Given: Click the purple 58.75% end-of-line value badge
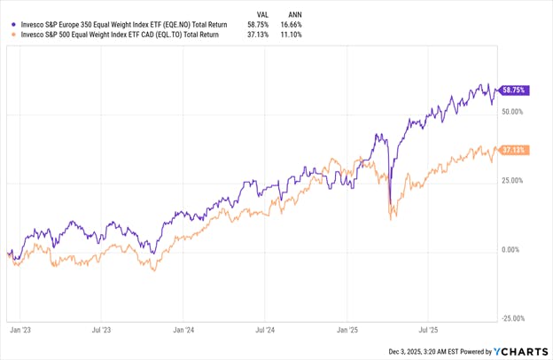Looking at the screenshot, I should (515, 90).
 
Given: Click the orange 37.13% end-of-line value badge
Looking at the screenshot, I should (515, 151).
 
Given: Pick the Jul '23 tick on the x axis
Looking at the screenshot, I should (101, 329).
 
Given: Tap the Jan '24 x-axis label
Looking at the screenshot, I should (183, 329).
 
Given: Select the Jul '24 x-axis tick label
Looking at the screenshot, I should (266, 329).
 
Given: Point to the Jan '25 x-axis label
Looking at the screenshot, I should (348, 329).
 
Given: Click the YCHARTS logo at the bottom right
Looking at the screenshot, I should (521, 352).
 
